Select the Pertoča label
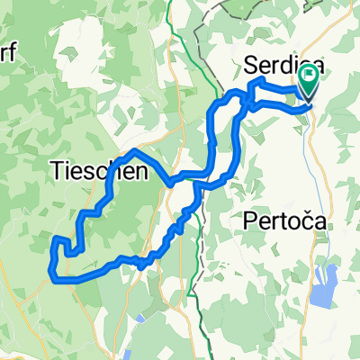283,220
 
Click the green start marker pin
310,85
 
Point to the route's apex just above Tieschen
134,149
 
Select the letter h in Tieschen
114,170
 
